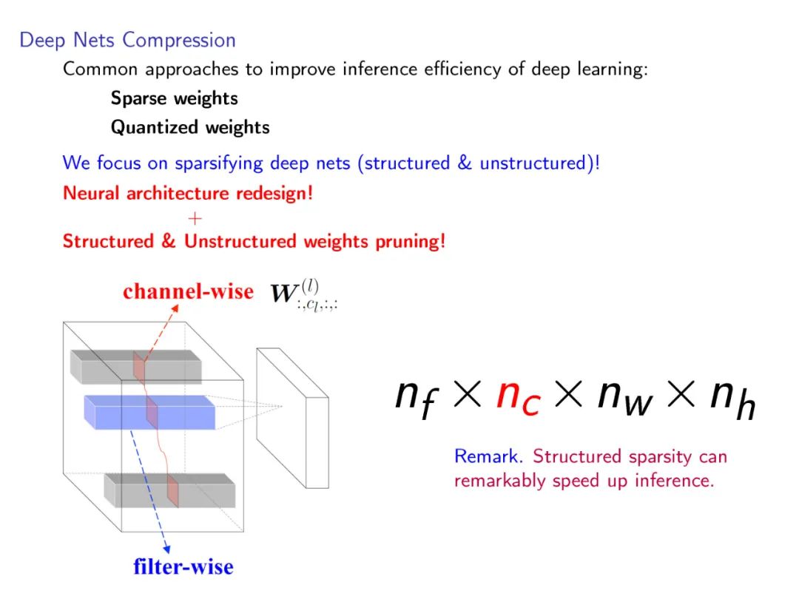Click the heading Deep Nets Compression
click(127, 40)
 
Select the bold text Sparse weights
click(174, 98)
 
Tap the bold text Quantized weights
click(190, 127)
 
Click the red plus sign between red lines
click(195, 218)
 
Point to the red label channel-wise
click(188, 291)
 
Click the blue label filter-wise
click(183, 567)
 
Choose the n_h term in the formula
click(732, 399)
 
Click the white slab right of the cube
click(291, 419)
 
